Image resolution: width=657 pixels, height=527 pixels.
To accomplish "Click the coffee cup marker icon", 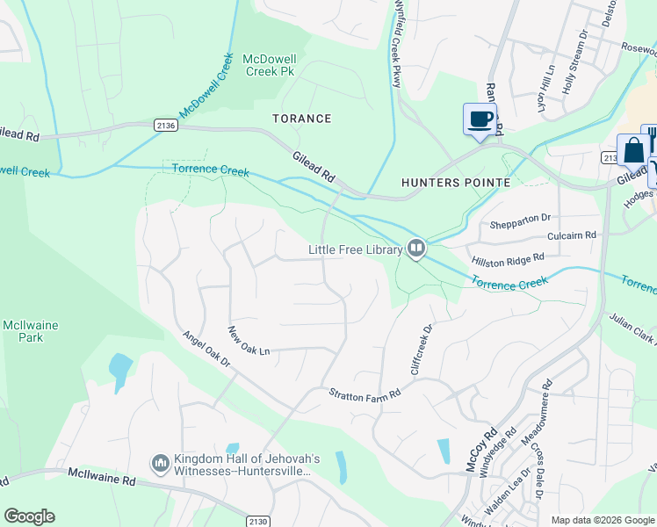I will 480,119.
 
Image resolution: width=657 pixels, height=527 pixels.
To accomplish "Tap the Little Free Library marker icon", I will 416,249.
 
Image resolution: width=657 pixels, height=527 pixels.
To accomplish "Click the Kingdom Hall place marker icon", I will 160,462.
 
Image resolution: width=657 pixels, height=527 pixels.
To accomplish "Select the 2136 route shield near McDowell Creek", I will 165,126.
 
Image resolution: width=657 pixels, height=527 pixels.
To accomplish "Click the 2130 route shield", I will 257,521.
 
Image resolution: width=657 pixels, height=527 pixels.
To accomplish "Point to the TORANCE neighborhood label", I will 301,119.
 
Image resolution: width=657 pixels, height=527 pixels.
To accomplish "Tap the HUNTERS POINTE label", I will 455,183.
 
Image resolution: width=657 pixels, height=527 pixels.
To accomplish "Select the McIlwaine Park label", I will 30,331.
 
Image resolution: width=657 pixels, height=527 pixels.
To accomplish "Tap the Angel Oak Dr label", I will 206,349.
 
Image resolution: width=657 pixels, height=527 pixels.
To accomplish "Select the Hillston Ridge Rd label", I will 508,257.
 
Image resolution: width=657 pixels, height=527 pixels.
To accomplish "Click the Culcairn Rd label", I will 571,235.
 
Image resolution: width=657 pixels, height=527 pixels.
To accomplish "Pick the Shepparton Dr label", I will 520,217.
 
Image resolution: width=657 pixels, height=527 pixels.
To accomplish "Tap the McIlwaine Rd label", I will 102,477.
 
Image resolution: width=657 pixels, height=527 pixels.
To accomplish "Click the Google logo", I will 29,516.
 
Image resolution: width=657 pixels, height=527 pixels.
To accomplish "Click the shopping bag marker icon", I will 633,150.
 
